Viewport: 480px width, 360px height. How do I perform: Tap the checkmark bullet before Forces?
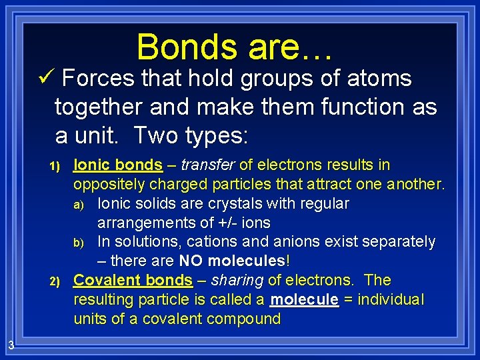tap(46, 79)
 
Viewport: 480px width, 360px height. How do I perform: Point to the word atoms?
tap(381, 79)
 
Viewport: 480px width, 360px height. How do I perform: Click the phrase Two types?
tap(191, 135)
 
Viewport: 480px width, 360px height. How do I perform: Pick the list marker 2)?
tap(55, 281)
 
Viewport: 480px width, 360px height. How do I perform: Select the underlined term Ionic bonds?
tap(118, 165)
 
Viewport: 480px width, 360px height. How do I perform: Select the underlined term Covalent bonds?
tap(133, 280)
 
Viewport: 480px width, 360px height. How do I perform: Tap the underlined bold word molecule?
tap(304, 300)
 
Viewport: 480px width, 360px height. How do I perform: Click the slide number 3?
tap(12, 345)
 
